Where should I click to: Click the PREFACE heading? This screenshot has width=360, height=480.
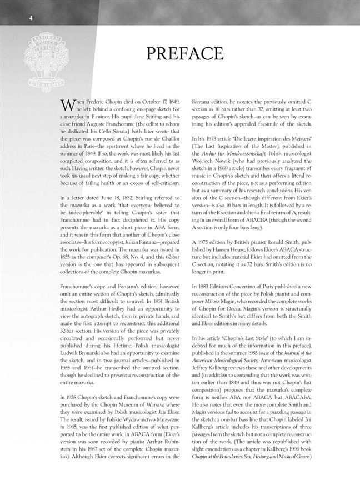[x=186, y=53]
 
